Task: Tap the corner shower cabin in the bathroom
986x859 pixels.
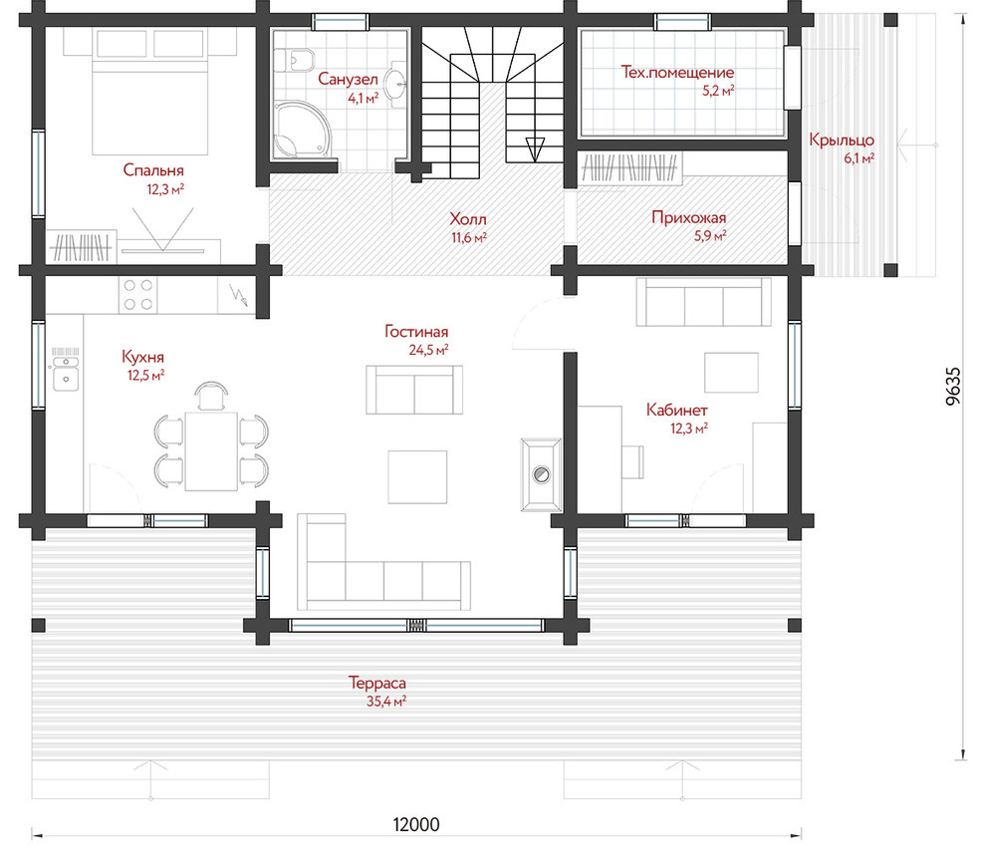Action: tap(301, 129)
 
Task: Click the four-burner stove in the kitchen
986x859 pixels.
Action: tap(138, 295)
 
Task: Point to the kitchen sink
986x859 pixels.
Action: tap(66, 373)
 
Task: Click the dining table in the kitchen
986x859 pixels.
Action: tap(211, 450)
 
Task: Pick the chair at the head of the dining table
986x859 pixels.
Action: tap(211, 396)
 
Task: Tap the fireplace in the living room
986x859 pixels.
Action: tap(541, 474)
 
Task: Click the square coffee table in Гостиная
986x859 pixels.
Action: tap(417, 477)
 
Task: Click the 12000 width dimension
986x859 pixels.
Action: tap(416, 824)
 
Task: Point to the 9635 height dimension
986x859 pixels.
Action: tap(953, 386)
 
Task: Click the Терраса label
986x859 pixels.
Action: tap(377, 683)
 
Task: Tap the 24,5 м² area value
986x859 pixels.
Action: tap(429, 350)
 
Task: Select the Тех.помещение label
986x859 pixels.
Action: tap(677, 73)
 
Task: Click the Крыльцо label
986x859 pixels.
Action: tap(842, 141)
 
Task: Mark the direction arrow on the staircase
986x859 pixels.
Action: tap(535, 149)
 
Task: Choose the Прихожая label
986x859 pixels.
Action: tap(688, 217)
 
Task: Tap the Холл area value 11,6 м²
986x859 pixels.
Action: tap(469, 238)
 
